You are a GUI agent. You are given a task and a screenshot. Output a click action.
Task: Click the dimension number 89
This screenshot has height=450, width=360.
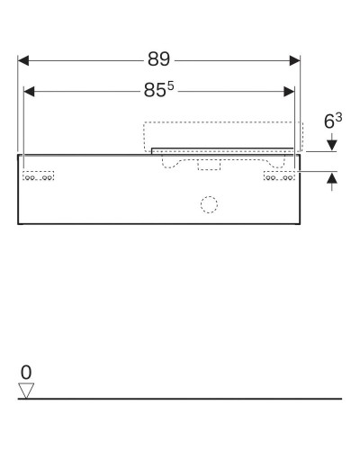(x=160, y=60)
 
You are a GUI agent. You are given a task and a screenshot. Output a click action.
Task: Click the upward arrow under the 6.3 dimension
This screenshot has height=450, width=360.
(x=333, y=180)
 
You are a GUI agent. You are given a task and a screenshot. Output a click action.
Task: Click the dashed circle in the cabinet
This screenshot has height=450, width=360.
(x=209, y=204)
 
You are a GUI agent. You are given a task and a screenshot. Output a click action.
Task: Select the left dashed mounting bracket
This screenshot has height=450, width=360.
(x=40, y=175)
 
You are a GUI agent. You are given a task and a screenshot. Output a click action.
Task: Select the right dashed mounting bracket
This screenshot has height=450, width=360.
(x=279, y=175)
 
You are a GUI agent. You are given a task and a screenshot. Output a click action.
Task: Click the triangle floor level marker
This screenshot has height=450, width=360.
(x=25, y=389)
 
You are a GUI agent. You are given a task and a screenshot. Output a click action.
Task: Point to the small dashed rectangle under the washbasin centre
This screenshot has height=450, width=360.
(x=209, y=165)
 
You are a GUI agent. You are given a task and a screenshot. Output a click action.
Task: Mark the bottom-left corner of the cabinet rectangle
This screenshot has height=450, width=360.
(x=18, y=222)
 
